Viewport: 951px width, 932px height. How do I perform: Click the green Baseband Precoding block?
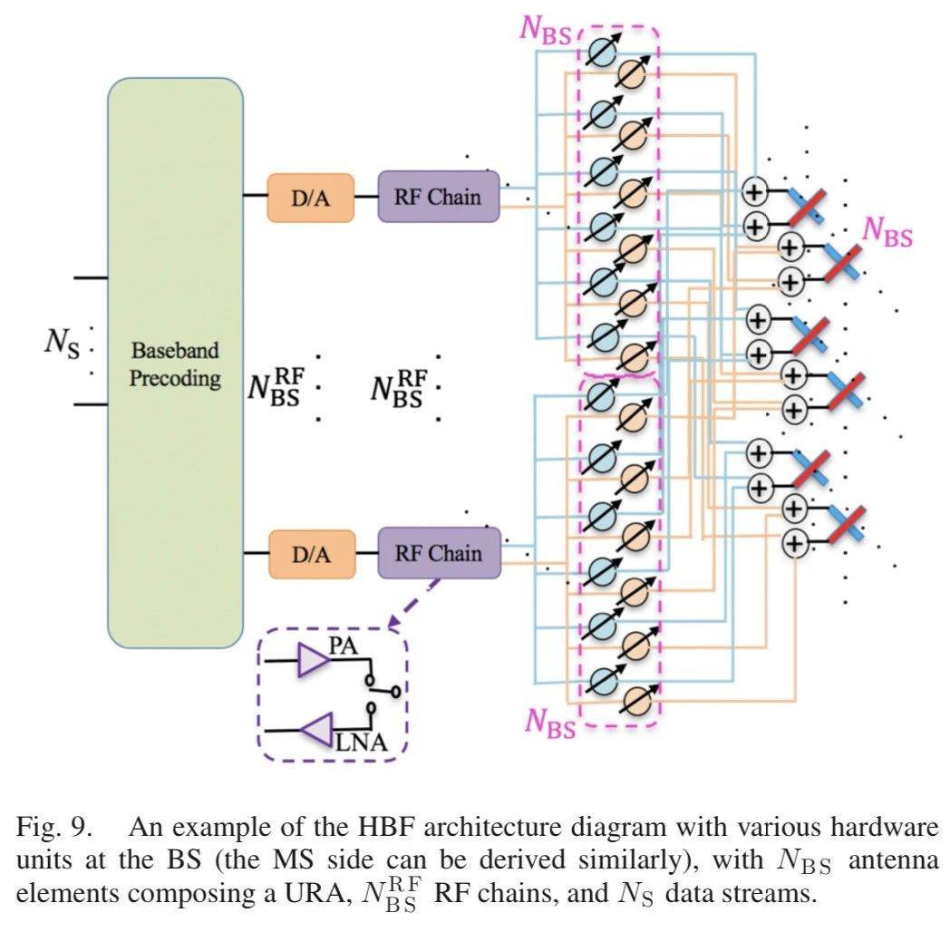coord(175,363)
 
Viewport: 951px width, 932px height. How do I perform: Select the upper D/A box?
coord(310,197)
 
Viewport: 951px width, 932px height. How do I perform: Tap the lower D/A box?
coord(311,554)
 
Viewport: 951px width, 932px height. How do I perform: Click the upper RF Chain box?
coord(439,197)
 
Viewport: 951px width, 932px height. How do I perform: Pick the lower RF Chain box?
coord(439,553)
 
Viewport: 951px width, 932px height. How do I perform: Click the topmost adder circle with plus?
coord(755,192)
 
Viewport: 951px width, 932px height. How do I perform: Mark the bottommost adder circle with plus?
coord(795,543)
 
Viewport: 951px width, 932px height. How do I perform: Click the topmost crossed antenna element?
coord(805,208)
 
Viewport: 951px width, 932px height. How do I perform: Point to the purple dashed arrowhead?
coord(393,625)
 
